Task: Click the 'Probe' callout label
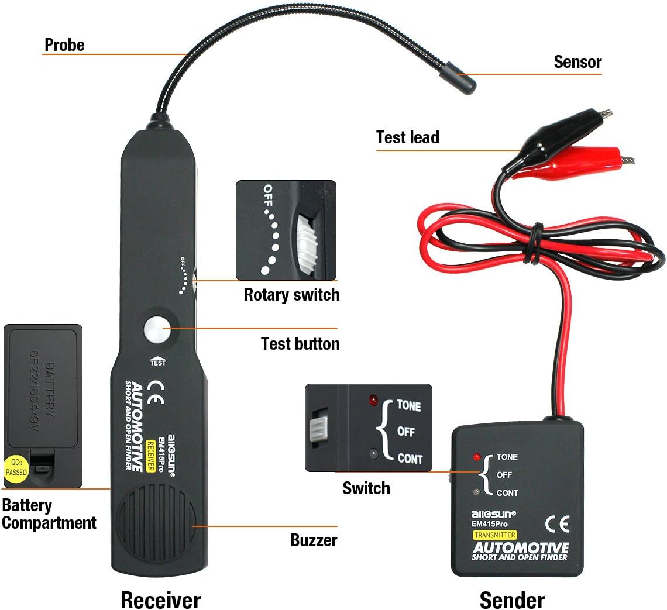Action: (x=64, y=45)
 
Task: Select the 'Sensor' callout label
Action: (x=577, y=62)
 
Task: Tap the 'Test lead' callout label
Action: (x=407, y=137)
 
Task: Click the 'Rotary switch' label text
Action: (x=291, y=294)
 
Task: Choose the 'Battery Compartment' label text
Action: (x=49, y=513)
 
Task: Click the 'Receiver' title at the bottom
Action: (x=160, y=599)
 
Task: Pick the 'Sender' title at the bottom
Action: (x=512, y=599)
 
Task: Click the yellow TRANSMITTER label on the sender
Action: (x=495, y=535)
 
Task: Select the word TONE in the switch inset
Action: (x=409, y=405)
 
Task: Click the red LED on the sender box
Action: (x=477, y=456)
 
